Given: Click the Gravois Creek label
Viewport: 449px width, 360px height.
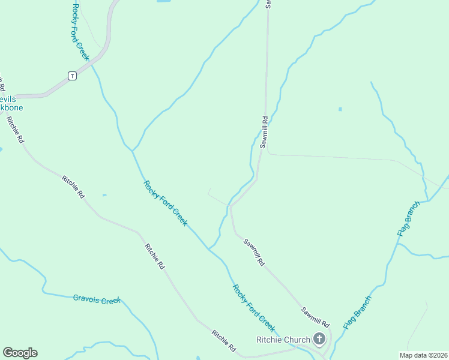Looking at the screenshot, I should tap(97, 299).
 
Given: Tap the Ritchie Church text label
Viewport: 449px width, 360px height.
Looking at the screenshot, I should tap(283, 340).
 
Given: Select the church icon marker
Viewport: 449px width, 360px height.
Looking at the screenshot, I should tap(319, 340).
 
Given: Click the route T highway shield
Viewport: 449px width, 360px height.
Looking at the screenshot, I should tap(72, 76).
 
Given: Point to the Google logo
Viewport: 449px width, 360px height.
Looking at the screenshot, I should tap(20, 353).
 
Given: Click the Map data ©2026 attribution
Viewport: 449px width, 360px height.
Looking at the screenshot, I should tap(423, 355).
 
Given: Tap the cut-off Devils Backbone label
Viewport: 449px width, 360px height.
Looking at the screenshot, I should tap(8, 103).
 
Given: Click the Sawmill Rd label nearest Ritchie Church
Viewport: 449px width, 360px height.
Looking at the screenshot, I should tap(316, 316).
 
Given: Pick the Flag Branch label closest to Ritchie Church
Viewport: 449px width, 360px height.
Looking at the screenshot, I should tap(358, 312).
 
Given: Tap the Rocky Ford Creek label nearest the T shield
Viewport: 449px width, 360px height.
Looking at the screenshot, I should tap(80, 32).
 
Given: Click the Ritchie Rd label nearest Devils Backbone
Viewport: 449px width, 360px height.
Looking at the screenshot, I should tap(16, 130).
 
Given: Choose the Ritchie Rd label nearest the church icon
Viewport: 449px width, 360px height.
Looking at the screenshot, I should tap(223, 340).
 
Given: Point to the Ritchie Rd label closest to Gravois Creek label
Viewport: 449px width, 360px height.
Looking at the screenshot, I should tap(154, 256).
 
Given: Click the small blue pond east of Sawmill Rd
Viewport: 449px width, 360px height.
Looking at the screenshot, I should tap(340, 109).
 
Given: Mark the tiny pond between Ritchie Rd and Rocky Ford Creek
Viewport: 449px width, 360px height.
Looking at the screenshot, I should tap(104, 194).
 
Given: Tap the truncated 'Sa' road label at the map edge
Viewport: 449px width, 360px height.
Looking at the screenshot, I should tap(268, 4).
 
